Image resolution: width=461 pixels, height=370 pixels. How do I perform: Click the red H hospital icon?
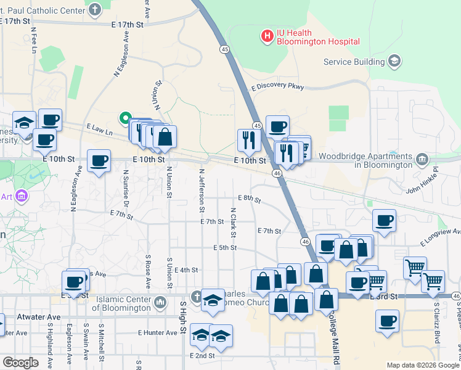pos(267,37)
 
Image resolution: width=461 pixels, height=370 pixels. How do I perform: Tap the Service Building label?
pos(354,61)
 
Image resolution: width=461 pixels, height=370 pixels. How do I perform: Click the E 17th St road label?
pos(128,25)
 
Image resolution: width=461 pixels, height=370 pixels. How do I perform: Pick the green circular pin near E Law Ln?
pos(124,117)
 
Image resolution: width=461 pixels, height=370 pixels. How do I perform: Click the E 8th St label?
pos(250,199)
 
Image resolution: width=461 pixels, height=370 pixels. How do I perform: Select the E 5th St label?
pos(225,248)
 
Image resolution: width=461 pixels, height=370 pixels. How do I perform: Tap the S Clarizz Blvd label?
pos(436,321)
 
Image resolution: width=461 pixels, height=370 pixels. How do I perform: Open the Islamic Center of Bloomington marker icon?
pos(161,302)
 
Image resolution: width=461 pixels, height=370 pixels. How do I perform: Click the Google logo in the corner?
pos(20,363)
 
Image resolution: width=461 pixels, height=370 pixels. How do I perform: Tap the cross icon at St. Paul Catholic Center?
pos(94,9)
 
